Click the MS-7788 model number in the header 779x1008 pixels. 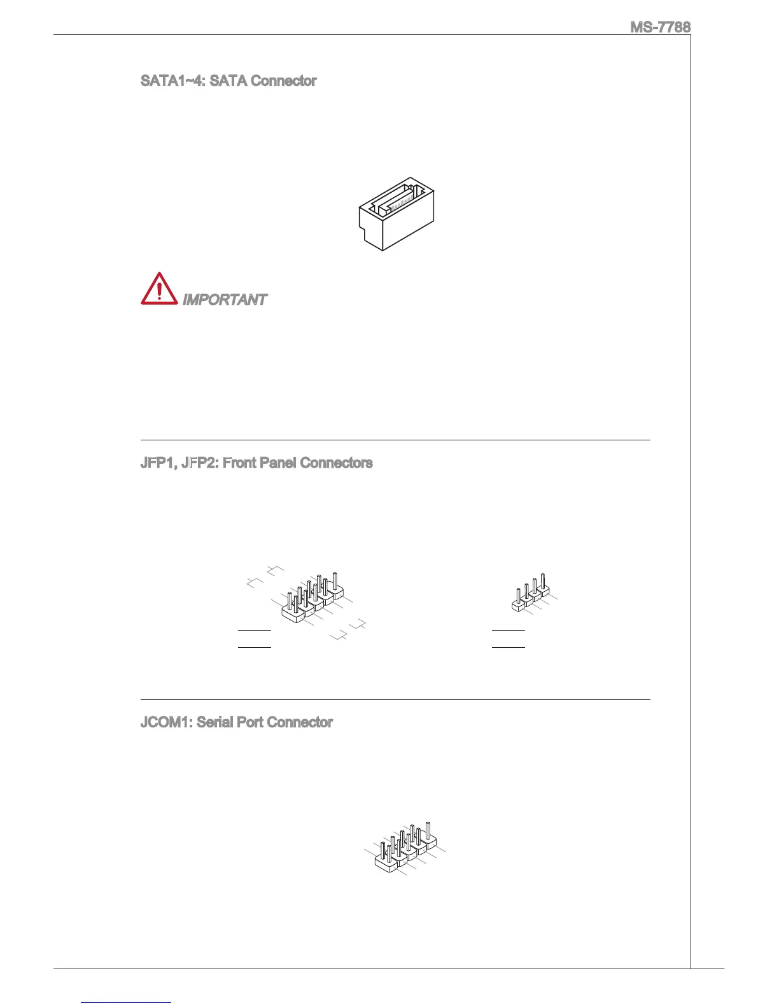(660, 27)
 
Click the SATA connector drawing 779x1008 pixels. (396, 213)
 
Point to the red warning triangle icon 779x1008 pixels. (159, 289)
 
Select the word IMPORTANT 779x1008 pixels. (225, 300)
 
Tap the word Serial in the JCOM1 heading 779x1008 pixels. (214, 722)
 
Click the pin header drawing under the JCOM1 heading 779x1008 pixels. (405, 850)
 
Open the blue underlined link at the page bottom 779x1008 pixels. (127, 1002)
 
